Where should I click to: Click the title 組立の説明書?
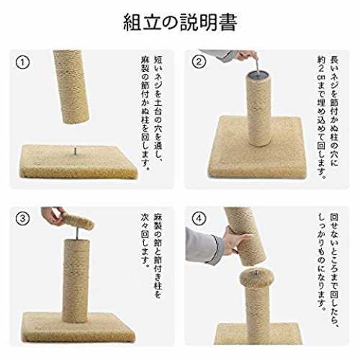point(180,22)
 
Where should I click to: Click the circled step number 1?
point(23,63)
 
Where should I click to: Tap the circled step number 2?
point(199,62)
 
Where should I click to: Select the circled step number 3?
point(23,219)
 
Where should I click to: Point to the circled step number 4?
point(199,219)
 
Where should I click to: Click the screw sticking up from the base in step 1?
point(75,152)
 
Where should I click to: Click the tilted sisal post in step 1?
point(71,87)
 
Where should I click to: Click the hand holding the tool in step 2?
point(246,55)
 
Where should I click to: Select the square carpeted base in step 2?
point(257,147)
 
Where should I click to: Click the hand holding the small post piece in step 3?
point(53,215)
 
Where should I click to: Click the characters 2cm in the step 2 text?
point(321,73)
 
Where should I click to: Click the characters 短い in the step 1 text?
point(158,65)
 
